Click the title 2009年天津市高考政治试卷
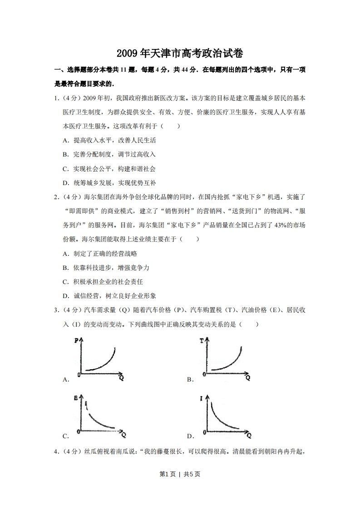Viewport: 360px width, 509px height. (x=180, y=54)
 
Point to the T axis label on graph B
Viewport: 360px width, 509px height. (x=201, y=340)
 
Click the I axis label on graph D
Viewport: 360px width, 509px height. (x=201, y=397)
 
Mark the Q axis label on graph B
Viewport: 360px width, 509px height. (x=248, y=377)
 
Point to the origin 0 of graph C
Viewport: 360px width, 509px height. (x=78, y=431)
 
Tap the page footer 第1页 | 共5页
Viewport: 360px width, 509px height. (x=180, y=474)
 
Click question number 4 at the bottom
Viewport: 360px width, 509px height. (x=56, y=451)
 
